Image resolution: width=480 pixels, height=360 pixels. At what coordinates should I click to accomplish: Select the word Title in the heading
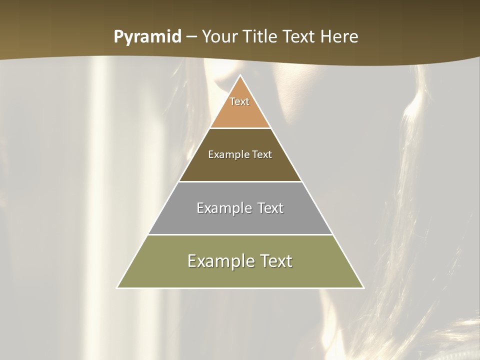[x=261, y=37]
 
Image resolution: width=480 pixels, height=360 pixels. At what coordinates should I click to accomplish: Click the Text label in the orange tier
[x=239, y=101]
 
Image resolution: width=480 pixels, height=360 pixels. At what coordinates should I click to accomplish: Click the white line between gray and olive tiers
[x=240, y=234]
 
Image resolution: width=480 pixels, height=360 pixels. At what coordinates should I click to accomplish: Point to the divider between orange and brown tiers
[x=240, y=128]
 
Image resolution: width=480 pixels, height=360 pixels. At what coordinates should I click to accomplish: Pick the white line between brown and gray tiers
[x=240, y=181]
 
